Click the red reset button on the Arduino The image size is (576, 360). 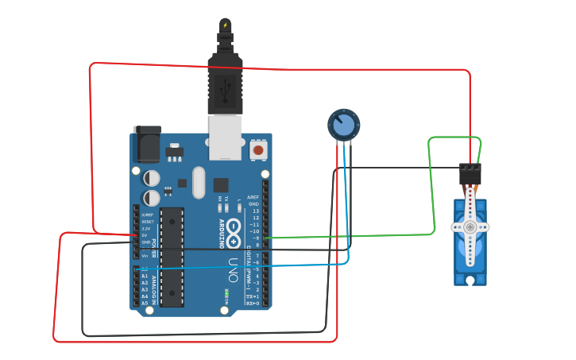[258, 149]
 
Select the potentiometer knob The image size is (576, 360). [343, 125]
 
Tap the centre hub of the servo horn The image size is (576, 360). [470, 227]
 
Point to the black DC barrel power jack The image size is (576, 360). [146, 141]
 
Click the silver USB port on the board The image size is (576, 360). [225, 136]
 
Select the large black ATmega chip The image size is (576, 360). [172, 256]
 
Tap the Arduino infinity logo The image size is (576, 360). [234, 230]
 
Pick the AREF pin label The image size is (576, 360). [253, 196]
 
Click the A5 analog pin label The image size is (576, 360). [145, 303]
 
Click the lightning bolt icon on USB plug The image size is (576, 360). [225, 26]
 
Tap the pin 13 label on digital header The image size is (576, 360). [255, 210]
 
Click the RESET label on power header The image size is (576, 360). [147, 222]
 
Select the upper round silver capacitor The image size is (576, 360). [151, 177]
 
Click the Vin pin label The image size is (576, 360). [145, 256]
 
